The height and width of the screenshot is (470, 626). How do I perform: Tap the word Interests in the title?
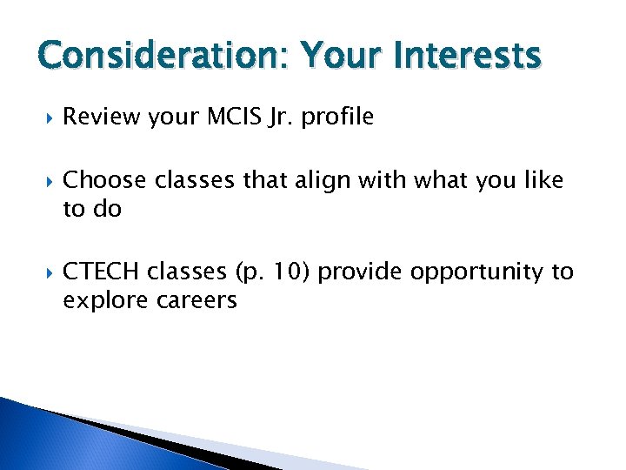click(x=465, y=57)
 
